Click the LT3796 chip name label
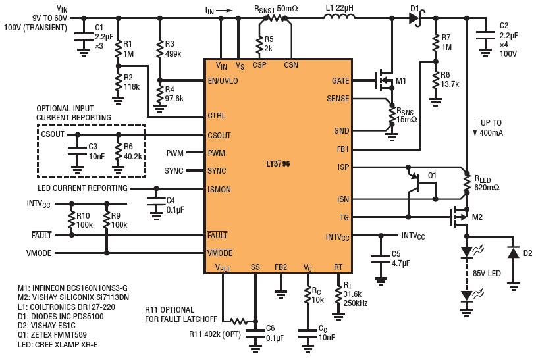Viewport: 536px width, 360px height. [x=278, y=164]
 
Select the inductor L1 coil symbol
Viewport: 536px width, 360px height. [x=338, y=16]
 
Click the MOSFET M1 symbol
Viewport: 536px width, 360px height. [x=385, y=81]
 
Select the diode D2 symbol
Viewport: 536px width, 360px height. [x=514, y=253]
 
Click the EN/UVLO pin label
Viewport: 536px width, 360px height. [x=223, y=82]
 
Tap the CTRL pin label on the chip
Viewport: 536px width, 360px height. [x=217, y=115]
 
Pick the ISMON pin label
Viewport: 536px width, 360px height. [x=219, y=190]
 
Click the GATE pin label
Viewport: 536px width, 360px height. [x=340, y=81]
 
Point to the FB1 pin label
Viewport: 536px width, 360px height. [x=342, y=149]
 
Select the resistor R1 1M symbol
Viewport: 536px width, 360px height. [x=119, y=49]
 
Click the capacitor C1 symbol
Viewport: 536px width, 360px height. [x=84, y=37]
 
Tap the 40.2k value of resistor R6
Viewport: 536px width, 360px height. [x=132, y=157]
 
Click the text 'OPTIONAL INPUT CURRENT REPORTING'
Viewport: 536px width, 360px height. [x=74, y=113]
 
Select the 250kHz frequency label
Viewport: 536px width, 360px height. [x=356, y=303]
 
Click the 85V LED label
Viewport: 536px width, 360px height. [x=487, y=274]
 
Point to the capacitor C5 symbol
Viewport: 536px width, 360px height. [x=381, y=259]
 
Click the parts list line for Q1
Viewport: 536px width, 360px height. [x=52, y=335]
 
